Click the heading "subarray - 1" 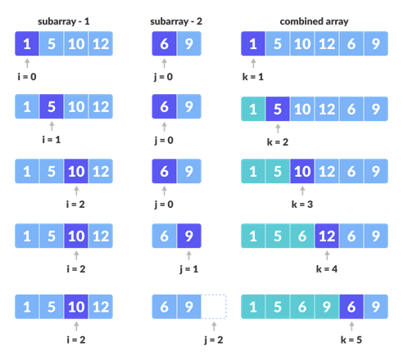pyautogui.click(x=63, y=21)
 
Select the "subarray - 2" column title pyautogui.click(x=175, y=21)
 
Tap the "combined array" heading pyautogui.click(x=315, y=21)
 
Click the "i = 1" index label pyautogui.click(x=51, y=139)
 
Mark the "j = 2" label pyautogui.click(x=214, y=338)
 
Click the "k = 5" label pyautogui.click(x=351, y=338)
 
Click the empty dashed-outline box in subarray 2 pyautogui.click(x=214, y=307)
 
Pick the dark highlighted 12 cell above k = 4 pyautogui.click(x=327, y=236)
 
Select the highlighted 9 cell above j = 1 pyautogui.click(x=188, y=236)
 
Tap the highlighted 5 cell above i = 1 pyautogui.click(x=51, y=107)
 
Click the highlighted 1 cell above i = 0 pyautogui.click(x=27, y=43)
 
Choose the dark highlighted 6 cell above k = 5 pyautogui.click(x=351, y=307)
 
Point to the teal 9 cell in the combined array pyautogui.click(x=327, y=307)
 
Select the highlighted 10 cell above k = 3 pyautogui.click(x=302, y=172)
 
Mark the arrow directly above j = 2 pyautogui.click(x=214, y=325)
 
